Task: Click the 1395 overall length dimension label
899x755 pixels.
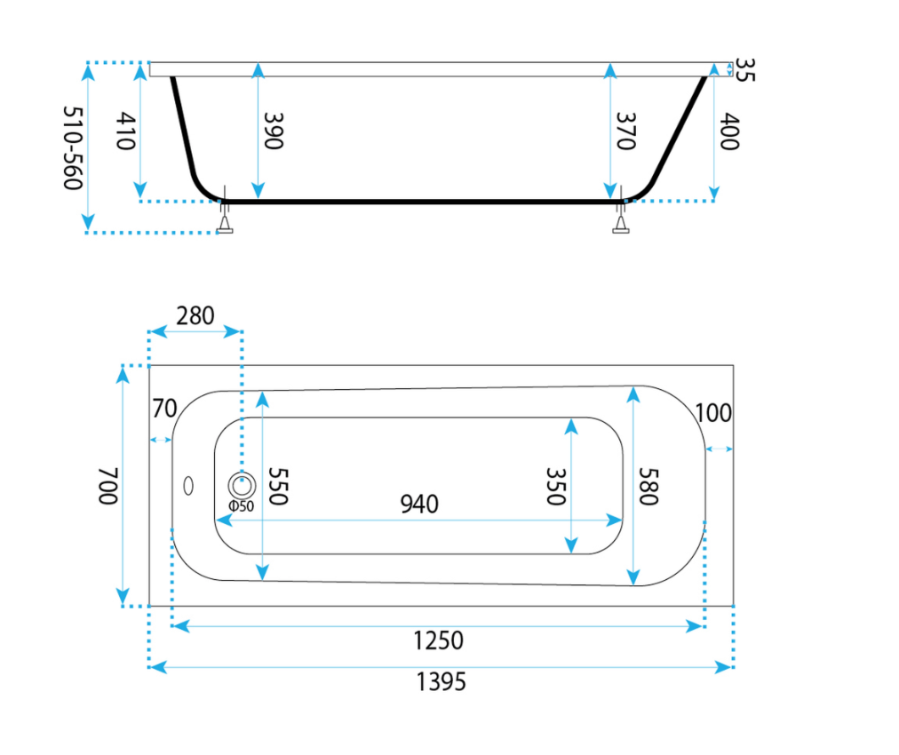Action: tap(441, 682)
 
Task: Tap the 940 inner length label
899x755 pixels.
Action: tap(419, 505)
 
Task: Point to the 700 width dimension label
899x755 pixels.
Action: tap(107, 486)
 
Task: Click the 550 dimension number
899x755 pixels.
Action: tap(278, 486)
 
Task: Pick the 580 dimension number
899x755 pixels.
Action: tap(648, 486)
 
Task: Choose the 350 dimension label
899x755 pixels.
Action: tap(556, 486)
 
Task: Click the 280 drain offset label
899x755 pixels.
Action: tap(195, 316)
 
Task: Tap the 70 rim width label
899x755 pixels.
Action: tap(164, 409)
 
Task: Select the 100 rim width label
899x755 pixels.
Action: tap(713, 413)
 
